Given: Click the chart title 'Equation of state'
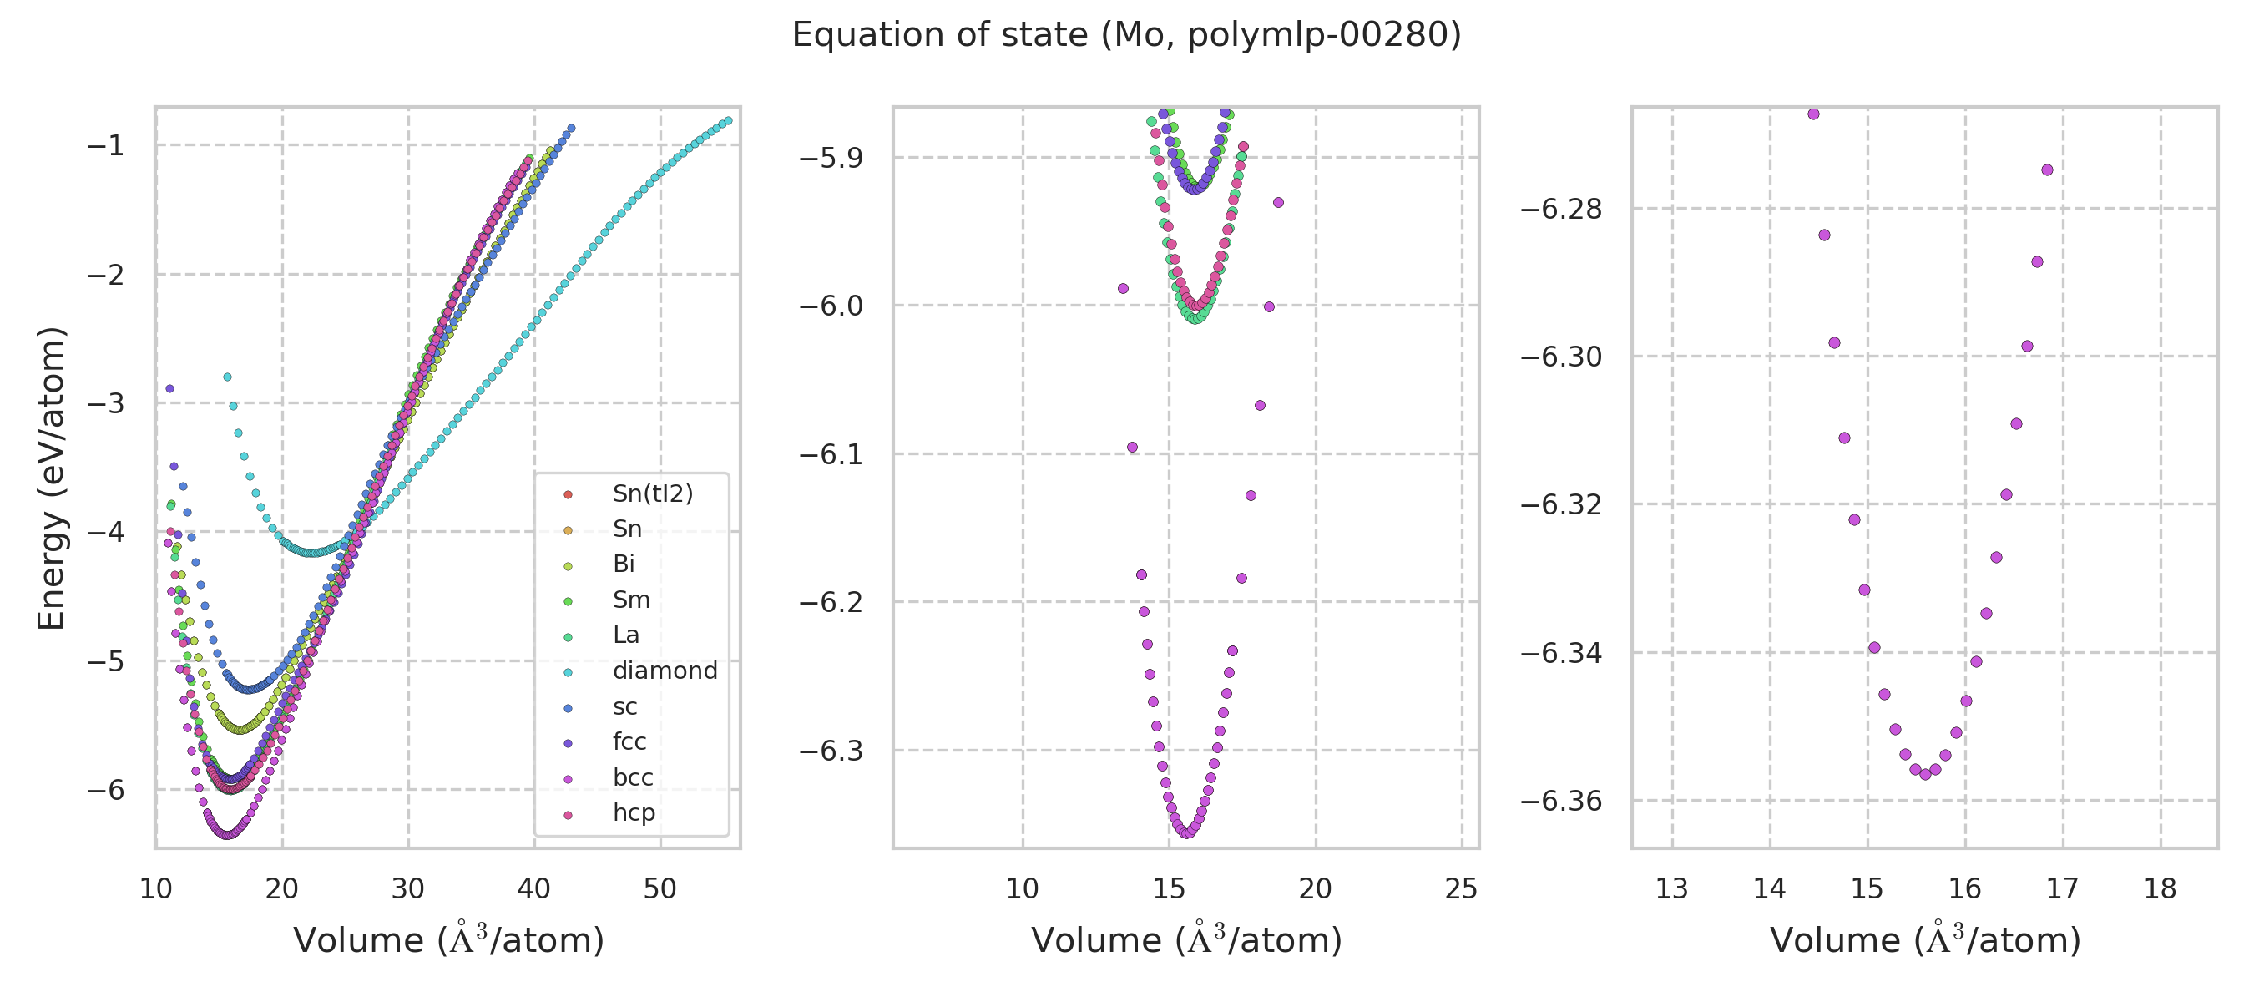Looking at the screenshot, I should (1126, 35).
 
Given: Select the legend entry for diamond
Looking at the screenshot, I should (665, 671).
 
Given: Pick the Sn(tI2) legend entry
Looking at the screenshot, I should (652, 493).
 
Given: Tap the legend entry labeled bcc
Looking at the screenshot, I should (633, 777).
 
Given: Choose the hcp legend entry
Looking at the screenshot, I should (634, 812).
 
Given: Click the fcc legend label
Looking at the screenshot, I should (629, 741).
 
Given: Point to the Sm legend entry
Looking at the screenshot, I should (631, 600).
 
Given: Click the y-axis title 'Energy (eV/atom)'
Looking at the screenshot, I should (51, 478).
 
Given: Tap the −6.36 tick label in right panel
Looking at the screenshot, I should (1560, 801).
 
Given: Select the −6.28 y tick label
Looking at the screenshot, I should (1560, 209).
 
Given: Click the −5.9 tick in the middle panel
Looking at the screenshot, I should (831, 158).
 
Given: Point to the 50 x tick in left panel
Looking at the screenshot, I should (660, 888).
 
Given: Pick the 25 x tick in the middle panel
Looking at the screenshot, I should (1461, 888).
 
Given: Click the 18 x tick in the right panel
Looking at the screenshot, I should (2161, 888).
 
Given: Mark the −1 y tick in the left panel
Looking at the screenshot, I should (105, 145).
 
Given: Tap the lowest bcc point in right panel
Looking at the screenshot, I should (1925, 775).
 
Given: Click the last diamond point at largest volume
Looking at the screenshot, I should (728, 121).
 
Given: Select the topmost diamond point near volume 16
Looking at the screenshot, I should (228, 377).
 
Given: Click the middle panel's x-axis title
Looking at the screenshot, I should (1185, 940).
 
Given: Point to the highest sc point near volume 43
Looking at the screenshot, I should (571, 129).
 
